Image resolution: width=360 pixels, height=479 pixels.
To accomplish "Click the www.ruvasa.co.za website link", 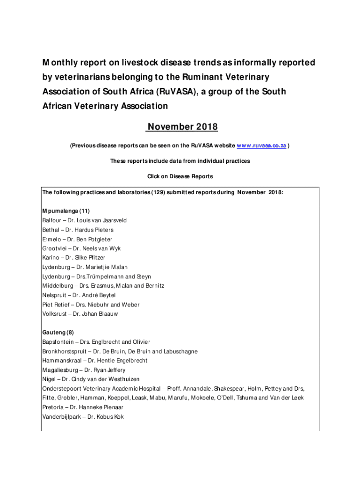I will click(261, 146).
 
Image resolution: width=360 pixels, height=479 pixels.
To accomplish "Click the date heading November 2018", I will click(183, 127).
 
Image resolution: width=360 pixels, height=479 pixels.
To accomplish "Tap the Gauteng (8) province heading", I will click(58, 333).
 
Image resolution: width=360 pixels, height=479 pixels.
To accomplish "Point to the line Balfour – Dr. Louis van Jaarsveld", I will click(85, 220).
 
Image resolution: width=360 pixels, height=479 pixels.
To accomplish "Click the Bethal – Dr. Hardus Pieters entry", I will click(78, 230).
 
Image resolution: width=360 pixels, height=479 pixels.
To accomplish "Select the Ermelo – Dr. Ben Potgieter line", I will click(77, 239).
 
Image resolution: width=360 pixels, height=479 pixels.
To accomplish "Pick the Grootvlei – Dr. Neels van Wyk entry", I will click(81, 248).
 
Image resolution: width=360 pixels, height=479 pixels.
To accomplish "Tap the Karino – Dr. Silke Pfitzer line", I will click(74, 258).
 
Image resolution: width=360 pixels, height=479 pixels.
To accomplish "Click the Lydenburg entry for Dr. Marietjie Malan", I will click(85, 267).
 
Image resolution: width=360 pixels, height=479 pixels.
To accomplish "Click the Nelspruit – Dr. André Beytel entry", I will click(79, 295).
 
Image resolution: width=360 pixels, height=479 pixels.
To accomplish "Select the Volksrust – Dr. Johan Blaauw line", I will click(80, 314).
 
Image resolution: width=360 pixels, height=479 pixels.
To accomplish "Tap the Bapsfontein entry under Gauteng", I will click(96, 342).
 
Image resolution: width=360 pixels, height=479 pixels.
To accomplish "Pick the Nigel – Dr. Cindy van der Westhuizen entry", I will click(91, 379).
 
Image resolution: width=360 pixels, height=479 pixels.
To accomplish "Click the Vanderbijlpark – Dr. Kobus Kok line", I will click(83, 416).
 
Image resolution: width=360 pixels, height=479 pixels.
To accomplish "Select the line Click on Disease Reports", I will click(180, 176).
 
